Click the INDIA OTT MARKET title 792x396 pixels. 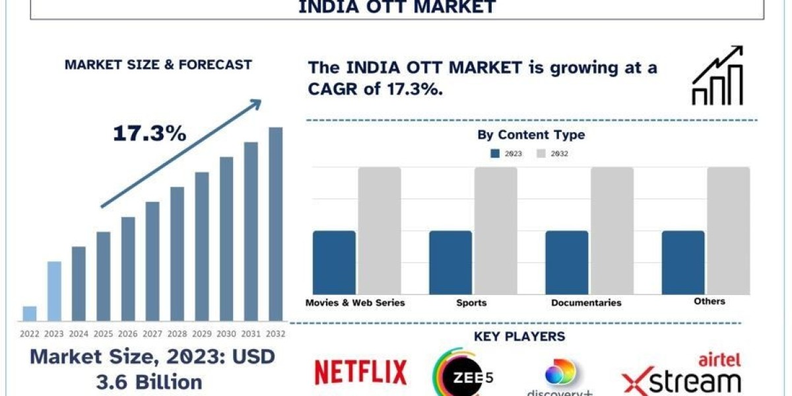point(397,8)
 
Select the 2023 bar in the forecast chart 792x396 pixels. point(54,291)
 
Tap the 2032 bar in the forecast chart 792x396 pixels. point(276,224)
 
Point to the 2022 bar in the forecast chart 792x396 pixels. point(30,313)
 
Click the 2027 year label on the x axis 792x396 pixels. point(152,334)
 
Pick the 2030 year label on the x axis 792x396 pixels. point(226,334)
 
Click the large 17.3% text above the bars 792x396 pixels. point(149,134)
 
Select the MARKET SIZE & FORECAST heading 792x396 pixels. point(158,65)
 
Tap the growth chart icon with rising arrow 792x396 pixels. point(717,75)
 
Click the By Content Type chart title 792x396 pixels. point(531,135)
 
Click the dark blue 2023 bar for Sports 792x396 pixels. point(450,263)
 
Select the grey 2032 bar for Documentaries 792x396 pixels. point(612,230)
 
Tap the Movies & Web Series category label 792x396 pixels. point(355,303)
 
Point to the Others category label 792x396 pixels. point(709,302)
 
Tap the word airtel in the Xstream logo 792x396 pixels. point(719,360)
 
